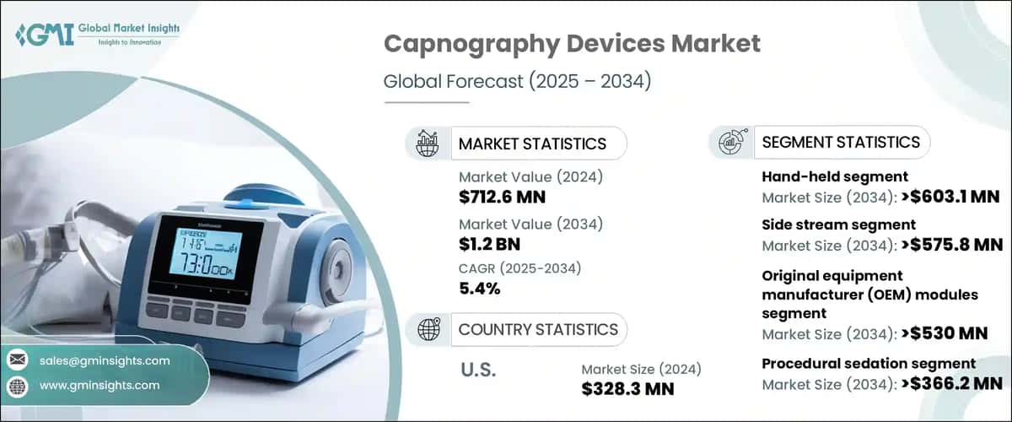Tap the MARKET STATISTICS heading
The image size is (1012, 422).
point(531,143)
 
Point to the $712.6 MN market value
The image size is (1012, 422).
point(502,197)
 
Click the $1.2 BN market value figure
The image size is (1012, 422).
point(491,244)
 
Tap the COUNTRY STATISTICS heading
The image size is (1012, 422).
point(537,329)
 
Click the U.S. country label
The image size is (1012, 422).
point(478,370)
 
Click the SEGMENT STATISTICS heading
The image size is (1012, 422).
point(840,142)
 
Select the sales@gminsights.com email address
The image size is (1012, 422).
point(105,360)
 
